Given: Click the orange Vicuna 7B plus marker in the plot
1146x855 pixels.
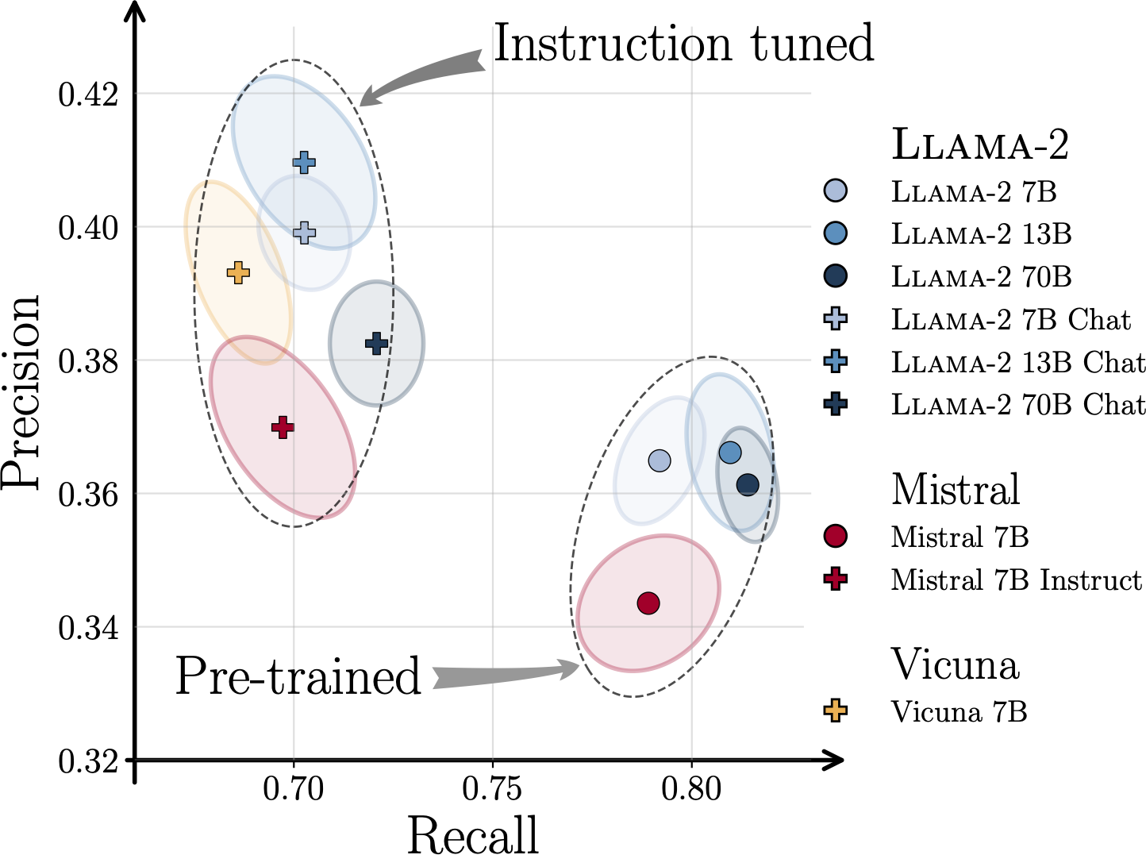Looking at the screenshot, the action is pos(238,272).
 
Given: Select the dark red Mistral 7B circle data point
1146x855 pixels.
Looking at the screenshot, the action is pos(648,603).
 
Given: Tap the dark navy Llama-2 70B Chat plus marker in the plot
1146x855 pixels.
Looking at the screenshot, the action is pos(376,343).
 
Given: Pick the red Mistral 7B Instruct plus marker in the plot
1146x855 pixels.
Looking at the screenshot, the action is pos(283,428).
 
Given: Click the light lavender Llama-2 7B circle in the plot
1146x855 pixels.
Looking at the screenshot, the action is pos(660,460).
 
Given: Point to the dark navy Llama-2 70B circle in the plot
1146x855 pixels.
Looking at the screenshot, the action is pos(748,485).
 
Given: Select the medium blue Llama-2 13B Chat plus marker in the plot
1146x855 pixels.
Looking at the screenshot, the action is pos(305,163).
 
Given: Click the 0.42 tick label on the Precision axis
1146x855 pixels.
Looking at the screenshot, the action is pos(88,95).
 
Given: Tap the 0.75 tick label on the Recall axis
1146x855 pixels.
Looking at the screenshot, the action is pos(492,789).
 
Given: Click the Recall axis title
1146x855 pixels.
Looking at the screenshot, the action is pos(472,834).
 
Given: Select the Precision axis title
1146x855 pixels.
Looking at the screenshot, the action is pos(20,393).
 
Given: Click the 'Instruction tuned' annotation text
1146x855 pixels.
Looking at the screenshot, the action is pos(683,44).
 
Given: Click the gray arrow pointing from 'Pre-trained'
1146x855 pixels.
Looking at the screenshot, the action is pos(506,674).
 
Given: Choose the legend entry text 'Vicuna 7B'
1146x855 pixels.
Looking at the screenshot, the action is pos(959,711).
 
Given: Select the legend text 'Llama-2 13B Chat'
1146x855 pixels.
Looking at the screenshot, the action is pos(1018,361).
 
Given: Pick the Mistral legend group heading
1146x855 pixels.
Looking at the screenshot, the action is pos(956,489).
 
